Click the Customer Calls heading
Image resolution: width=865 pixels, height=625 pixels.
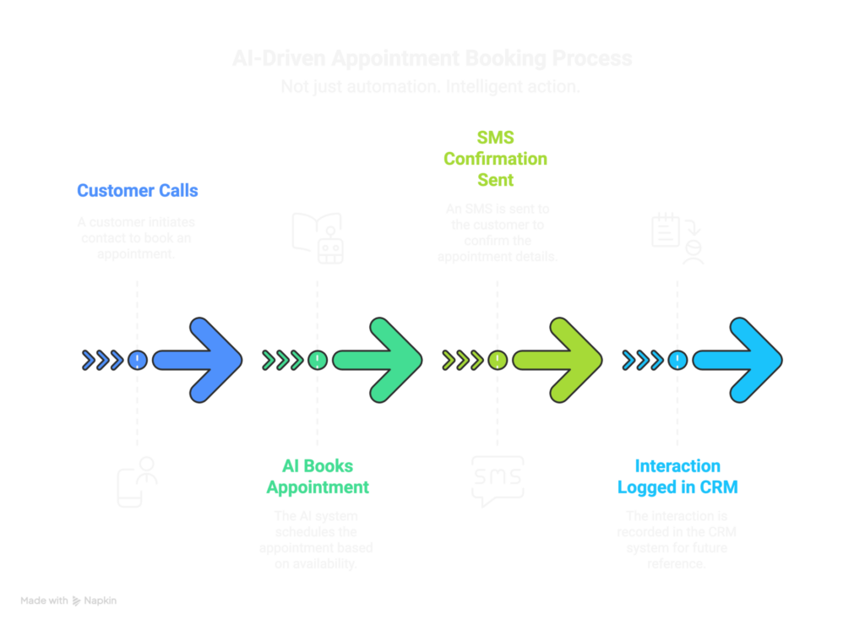(x=137, y=190)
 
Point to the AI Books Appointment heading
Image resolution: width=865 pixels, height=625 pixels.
(x=317, y=476)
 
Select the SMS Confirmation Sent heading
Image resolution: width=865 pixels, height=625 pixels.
(x=497, y=159)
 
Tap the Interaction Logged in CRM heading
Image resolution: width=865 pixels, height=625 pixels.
(x=677, y=476)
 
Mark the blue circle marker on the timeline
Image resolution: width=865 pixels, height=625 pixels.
(x=137, y=360)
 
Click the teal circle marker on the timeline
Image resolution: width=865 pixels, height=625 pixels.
(x=317, y=360)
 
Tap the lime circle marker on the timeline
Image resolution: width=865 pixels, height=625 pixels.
(x=497, y=360)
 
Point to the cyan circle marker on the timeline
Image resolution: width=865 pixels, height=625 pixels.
(x=677, y=360)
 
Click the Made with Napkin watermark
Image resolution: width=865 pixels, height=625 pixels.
(x=68, y=601)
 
